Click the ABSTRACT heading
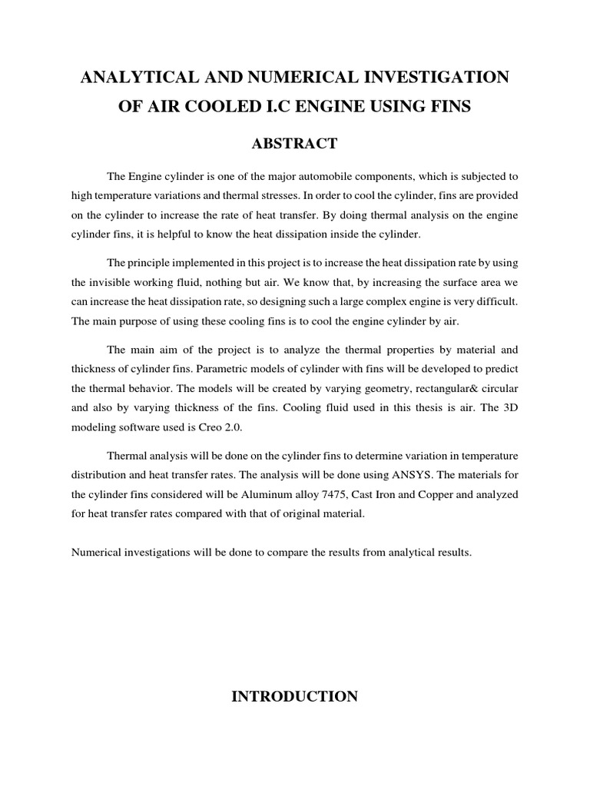(294, 143)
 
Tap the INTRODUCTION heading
(294, 696)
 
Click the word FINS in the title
(446, 106)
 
